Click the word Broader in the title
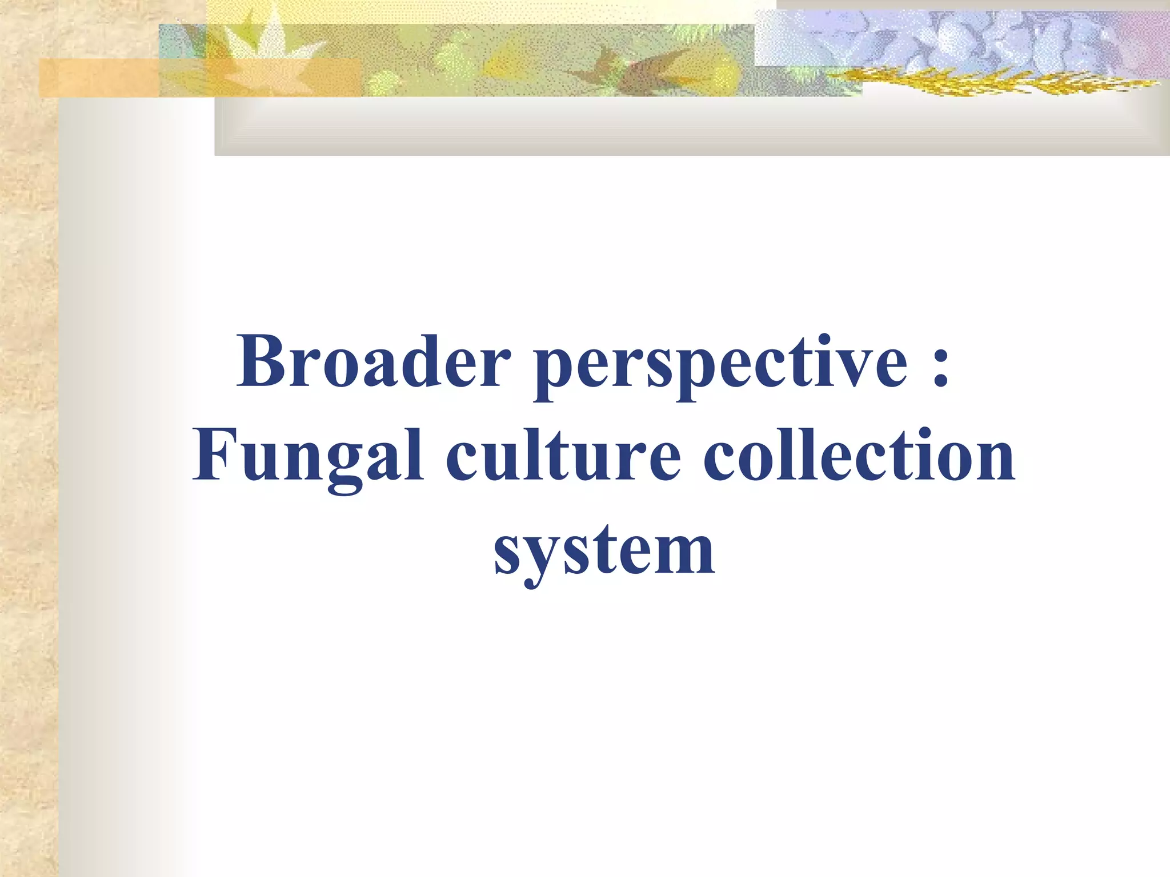pyautogui.click(x=374, y=361)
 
